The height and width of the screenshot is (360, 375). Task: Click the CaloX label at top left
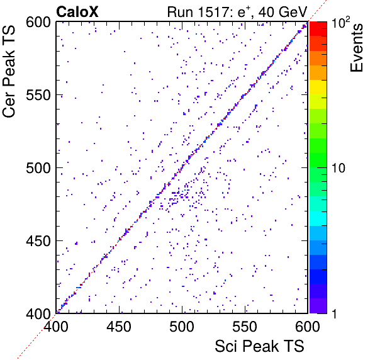click(77, 12)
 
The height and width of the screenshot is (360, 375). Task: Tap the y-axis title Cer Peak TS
click(9, 72)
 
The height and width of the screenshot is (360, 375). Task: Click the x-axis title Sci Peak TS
click(259, 346)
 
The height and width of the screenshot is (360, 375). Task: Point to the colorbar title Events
click(356, 48)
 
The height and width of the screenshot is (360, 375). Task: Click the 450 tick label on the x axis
click(119, 326)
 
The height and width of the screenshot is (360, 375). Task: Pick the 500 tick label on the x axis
click(182, 326)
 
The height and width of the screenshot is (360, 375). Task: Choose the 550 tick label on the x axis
click(245, 326)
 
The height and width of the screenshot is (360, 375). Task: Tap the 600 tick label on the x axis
click(308, 326)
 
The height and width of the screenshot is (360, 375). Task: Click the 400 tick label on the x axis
click(56, 326)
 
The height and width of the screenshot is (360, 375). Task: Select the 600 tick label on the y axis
click(38, 23)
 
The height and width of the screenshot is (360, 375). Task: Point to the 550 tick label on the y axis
click(38, 96)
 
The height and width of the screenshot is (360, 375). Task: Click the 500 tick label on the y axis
click(38, 168)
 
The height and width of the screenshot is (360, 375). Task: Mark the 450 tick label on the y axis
click(38, 241)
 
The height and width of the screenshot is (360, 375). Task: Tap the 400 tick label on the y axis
click(38, 313)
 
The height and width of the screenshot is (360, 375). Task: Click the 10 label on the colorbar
click(339, 168)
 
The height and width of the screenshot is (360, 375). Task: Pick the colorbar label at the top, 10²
click(341, 23)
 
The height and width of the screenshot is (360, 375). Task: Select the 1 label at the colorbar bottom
click(334, 313)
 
